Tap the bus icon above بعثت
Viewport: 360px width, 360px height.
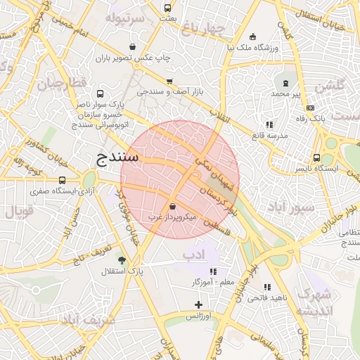[x=167, y=8]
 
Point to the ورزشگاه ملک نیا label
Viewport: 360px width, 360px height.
[x=252, y=48]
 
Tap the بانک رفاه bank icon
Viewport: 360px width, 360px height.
[x=311, y=108]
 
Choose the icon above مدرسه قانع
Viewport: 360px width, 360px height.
[x=269, y=124]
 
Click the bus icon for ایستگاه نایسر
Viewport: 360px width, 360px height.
[x=316, y=158]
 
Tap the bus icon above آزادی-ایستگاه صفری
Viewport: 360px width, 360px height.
[x=63, y=180]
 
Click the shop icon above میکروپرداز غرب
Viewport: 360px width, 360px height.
[x=173, y=205]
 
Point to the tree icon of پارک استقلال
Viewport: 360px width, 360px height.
[x=122, y=260]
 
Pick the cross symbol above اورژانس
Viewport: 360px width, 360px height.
[x=198, y=305]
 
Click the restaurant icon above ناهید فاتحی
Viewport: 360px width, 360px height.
[x=267, y=287]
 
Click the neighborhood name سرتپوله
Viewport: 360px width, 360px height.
[x=124, y=17]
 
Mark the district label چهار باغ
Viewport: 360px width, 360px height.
[x=202, y=30]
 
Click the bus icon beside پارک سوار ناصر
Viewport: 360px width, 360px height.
[x=101, y=93]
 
